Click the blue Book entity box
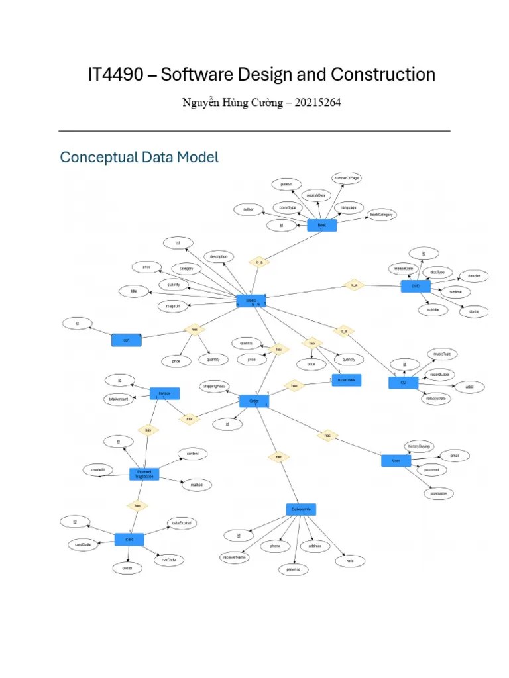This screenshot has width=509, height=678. tap(322, 226)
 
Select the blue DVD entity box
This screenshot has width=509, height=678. tap(416, 285)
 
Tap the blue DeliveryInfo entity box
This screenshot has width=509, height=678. tap(302, 509)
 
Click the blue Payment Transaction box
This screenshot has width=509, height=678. tap(144, 473)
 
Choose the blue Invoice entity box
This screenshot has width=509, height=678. tap(164, 393)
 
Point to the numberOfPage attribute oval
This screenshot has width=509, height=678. tap(347, 179)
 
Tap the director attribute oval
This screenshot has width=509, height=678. tap(473, 275)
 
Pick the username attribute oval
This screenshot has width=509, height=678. tap(438, 493)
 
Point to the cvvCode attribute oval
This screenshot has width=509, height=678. tap(168, 559)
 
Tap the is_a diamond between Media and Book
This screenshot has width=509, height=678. tap(259, 262)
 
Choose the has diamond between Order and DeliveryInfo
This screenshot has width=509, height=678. tap(278, 457)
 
